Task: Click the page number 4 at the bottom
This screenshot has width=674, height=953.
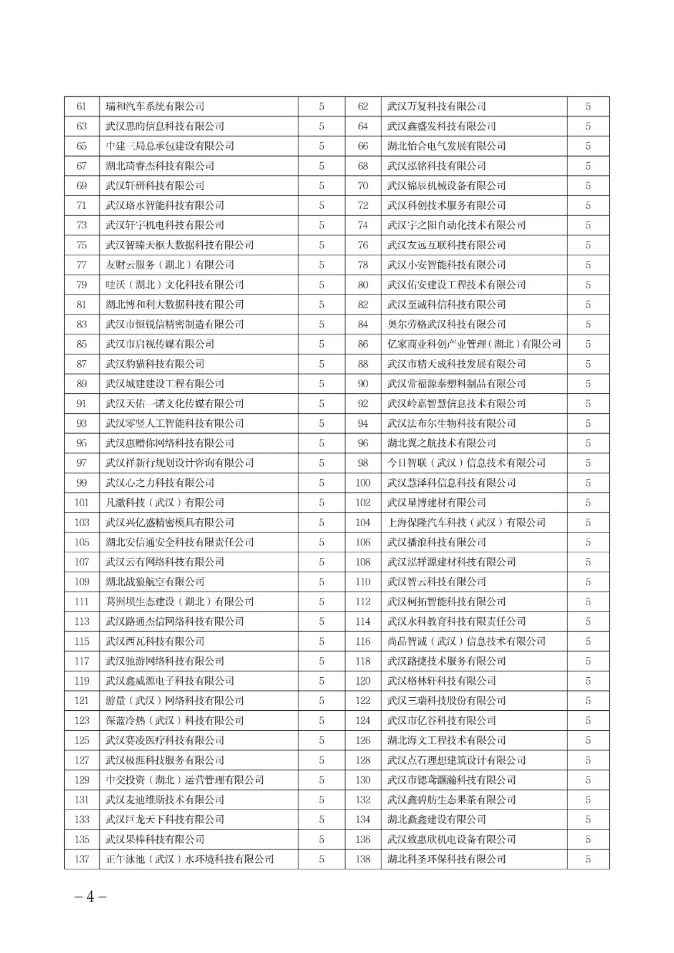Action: [90, 897]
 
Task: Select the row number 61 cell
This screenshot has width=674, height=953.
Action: [82, 107]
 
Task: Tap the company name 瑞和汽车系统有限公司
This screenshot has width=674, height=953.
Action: [155, 107]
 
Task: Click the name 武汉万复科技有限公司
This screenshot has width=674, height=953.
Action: [436, 107]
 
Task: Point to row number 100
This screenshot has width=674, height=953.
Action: [363, 483]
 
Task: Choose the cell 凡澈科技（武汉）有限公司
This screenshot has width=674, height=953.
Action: [165, 503]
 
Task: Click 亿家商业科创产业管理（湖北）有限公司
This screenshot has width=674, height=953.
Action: [474, 345]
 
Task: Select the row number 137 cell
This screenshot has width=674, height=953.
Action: [82, 859]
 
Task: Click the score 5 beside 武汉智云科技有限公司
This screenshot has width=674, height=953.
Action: [588, 582]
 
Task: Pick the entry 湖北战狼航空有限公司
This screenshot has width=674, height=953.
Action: [155, 582]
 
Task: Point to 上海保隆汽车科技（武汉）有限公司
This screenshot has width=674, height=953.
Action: [466, 523]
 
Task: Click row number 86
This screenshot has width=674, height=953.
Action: [363, 345]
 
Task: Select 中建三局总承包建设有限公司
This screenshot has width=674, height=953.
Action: [170, 146]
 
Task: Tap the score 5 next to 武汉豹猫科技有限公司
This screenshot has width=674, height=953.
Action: [321, 364]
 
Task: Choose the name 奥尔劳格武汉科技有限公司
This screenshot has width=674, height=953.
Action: [446, 325]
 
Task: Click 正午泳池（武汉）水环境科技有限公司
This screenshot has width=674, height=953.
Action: [190, 859]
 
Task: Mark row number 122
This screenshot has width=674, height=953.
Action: [363, 701]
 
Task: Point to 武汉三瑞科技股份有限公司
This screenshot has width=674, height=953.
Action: [446, 701]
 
